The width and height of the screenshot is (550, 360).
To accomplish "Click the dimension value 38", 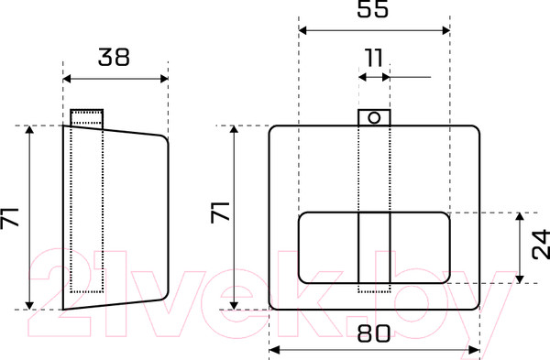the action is [x=114, y=57].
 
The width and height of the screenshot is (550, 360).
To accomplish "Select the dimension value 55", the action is [x=373, y=8].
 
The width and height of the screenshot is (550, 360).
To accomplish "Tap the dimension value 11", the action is [x=374, y=58].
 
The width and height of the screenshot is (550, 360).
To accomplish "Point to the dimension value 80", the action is [x=374, y=333].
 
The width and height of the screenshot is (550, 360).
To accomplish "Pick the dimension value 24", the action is [x=541, y=244].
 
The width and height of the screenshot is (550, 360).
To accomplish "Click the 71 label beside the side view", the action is [x=9, y=218].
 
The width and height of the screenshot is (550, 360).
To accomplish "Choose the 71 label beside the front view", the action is [x=220, y=213].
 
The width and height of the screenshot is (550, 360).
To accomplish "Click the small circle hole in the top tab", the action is [x=374, y=118].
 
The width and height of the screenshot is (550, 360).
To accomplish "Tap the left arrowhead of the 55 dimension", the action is [x=302, y=30].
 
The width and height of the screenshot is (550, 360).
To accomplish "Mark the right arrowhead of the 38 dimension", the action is [x=164, y=79].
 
